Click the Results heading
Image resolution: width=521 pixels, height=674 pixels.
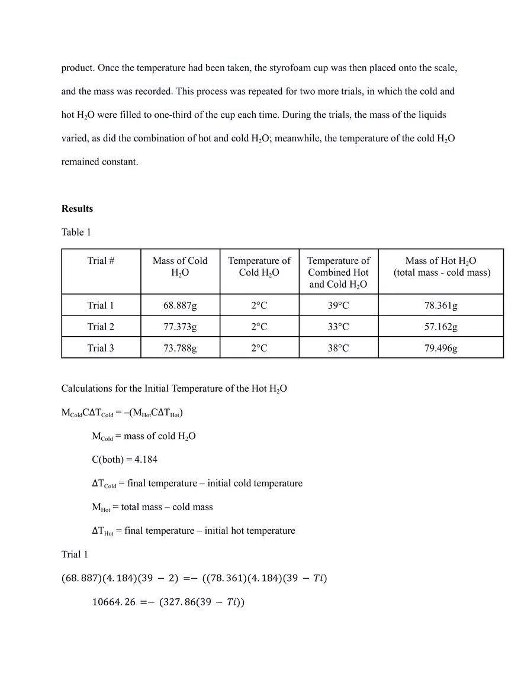point(77,209)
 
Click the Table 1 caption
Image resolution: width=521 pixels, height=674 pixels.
point(76,232)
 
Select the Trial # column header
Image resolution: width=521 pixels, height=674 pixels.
point(101,261)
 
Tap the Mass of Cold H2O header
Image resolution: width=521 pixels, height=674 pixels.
point(180,267)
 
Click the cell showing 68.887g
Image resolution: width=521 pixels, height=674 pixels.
point(180,305)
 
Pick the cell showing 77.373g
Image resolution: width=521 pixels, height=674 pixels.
point(180,327)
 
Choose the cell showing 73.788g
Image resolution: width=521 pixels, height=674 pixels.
point(180,348)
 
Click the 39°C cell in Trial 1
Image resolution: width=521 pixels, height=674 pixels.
point(338,305)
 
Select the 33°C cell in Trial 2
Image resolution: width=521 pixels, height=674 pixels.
point(338,327)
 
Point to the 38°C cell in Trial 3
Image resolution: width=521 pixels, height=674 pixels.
point(338,348)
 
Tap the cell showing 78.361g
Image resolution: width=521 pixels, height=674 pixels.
point(440,305)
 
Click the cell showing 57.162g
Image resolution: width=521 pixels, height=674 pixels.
point(440,327)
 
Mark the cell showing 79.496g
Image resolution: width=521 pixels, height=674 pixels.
point(440,348)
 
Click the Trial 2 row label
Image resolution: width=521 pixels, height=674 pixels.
point(101,327)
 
